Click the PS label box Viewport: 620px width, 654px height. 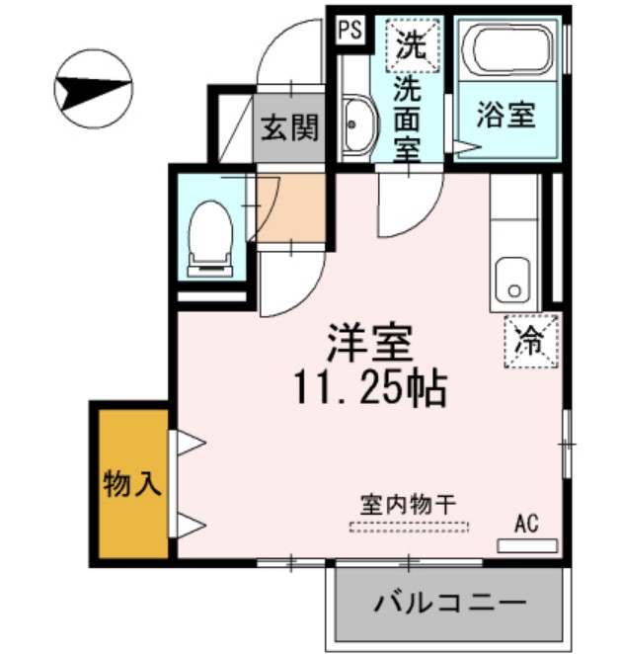(349, 30)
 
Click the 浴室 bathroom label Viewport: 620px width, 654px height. (506, 116)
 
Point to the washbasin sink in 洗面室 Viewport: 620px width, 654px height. (356, 126)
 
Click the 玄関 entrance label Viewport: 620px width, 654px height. (289, 127)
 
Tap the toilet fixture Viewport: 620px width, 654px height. (209, 235)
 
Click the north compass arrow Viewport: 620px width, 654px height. (93, 90)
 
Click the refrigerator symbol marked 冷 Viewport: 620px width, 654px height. (531, 341)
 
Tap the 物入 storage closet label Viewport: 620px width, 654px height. (130, 484)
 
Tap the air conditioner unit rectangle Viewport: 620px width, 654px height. (526, 544)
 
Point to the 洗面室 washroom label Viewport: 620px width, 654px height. (407, 119)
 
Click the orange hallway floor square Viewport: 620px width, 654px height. (290, 206)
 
